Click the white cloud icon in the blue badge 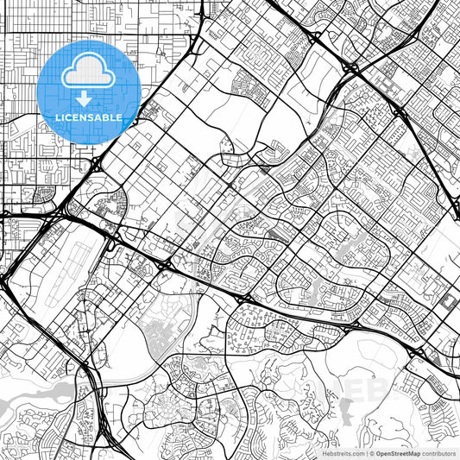(x=89, y=70)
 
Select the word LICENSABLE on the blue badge (x=89, y=117)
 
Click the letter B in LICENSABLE (x=110, y=117)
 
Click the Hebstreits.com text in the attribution (x=343, y=453)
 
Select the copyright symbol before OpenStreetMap (x=372, y=453)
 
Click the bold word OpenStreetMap (x=398, y=453)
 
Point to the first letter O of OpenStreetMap (x=378, y=453)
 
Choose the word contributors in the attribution (x=439, y=453)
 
